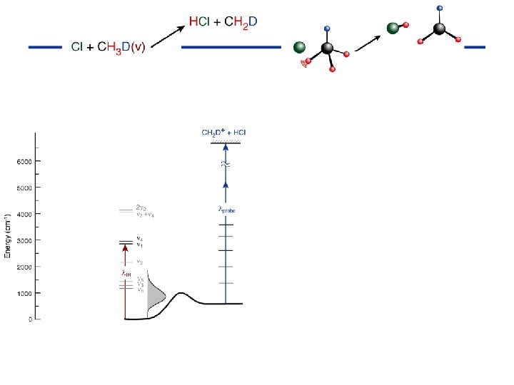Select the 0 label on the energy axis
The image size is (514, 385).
[x=30, y=319]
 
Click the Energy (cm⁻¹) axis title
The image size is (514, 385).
[x=8, y=236]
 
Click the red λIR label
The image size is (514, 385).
[x=126, y=273]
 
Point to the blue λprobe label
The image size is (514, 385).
[x=226, y=210]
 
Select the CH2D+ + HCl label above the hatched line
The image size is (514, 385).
[x=224, y=133]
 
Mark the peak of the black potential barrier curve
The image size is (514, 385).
[x=182, y=293]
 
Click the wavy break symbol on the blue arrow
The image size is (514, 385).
[x=226, y=164]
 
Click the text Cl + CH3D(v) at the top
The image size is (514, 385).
[x=108, y=47]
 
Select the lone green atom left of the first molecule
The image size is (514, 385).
[x=300, y=48]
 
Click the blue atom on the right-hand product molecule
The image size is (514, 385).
[x=439, y=8]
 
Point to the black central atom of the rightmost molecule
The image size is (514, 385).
[x=440, y=29]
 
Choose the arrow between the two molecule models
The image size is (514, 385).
[x=368, y=42]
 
